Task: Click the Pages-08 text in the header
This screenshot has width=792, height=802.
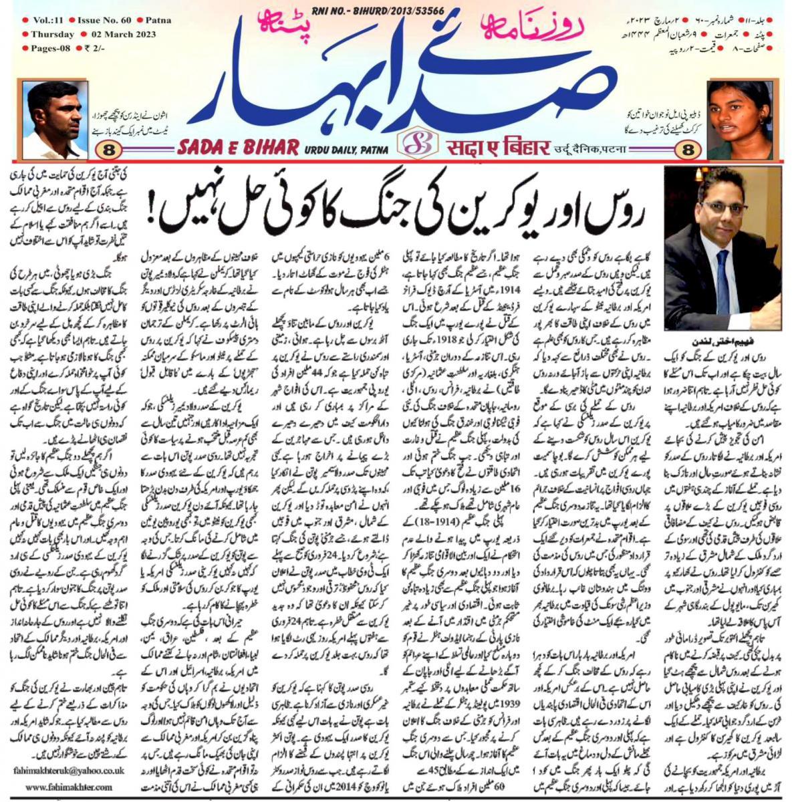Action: pos(51,48)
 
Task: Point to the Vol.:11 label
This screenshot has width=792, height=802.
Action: pos(47,21)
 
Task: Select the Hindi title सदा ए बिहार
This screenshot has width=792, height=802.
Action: pos(483,147)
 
